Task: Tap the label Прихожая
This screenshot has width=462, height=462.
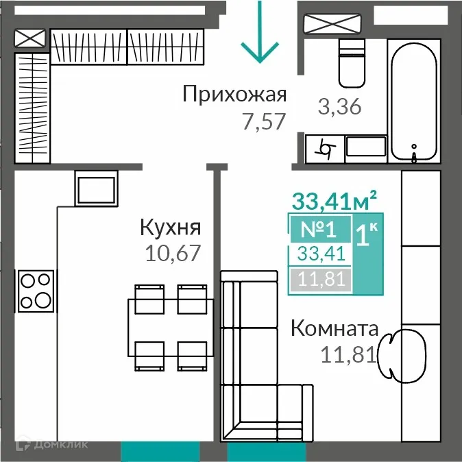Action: [234, 94]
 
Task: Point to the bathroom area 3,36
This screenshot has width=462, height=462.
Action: [339, 107]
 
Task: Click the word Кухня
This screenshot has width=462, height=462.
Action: [170, 226]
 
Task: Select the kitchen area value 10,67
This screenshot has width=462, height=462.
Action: [173, 254]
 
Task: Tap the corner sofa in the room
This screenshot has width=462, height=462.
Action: [260, 370]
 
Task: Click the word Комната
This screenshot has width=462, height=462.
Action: [335, 328]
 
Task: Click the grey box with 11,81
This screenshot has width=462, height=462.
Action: [320, 279]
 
